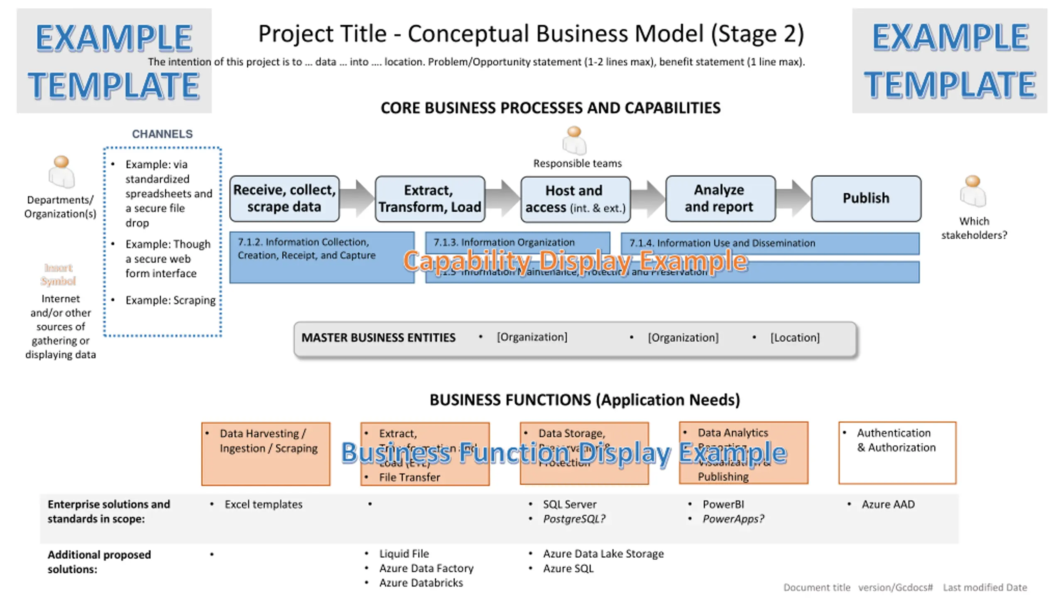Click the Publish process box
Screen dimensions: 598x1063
pos(866,198)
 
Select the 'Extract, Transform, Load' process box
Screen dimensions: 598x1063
pos(430,199)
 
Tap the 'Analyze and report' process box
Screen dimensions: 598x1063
pos(720,198)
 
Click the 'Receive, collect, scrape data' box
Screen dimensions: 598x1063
pos(284,198)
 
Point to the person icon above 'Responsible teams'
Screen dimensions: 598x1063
pos(574,140)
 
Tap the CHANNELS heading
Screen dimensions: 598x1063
pos(162,134)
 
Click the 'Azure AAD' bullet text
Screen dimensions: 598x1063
pos(888,504)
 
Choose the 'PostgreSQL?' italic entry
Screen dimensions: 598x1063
pos(574,519)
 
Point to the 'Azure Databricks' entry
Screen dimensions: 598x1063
pos(421,583)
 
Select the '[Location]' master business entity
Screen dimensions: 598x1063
pos(795,338)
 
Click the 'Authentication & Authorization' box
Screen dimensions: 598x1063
pos(897,453)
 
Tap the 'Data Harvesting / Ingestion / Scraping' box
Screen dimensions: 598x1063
pos(266,453)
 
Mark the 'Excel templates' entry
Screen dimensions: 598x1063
pos(264,504)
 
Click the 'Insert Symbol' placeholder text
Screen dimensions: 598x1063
pos(59,274)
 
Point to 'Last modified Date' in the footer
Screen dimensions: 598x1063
pos(985,587)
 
